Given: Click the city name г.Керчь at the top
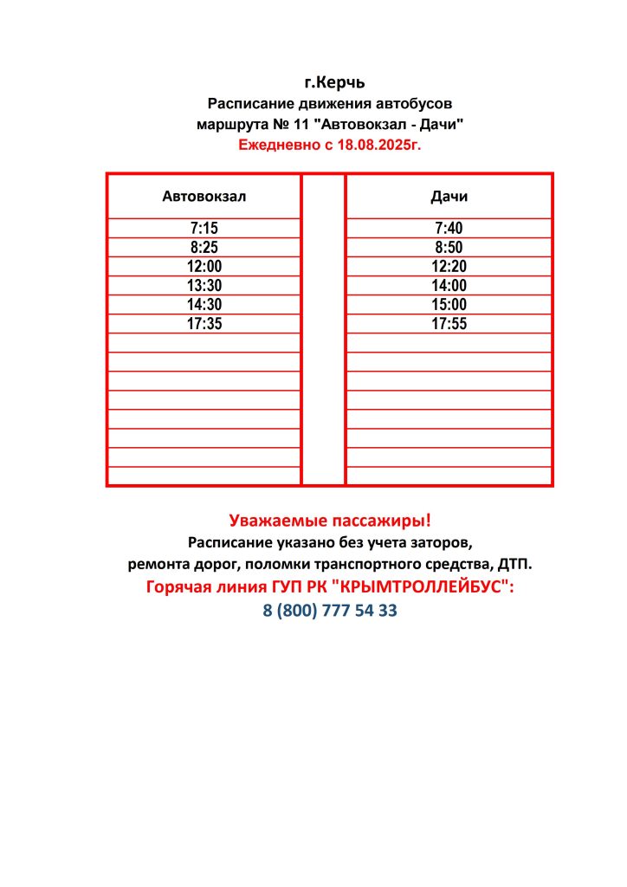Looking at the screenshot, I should (334, 83).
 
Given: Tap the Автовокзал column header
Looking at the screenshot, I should (204, 197).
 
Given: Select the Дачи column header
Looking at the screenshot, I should (449, 197).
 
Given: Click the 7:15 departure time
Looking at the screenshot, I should (204, 229).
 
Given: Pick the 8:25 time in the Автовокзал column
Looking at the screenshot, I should (204, 248).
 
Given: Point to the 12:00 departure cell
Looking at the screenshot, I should (204, 267).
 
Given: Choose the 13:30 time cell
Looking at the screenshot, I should (204, 286).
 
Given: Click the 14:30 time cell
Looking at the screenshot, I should (204, 305).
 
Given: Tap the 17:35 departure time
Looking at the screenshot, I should (204, 324).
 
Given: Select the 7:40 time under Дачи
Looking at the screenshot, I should (449, 229).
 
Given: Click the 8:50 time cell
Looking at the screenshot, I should (449, 248).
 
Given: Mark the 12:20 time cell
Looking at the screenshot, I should (449, 267).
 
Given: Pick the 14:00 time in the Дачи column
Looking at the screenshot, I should (449, 286).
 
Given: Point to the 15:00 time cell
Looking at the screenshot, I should (449, 305).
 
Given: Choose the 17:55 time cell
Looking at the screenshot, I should (449, 324).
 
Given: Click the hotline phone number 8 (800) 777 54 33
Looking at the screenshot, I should (330, 610).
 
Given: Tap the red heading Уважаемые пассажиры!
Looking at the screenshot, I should (330, 521).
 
